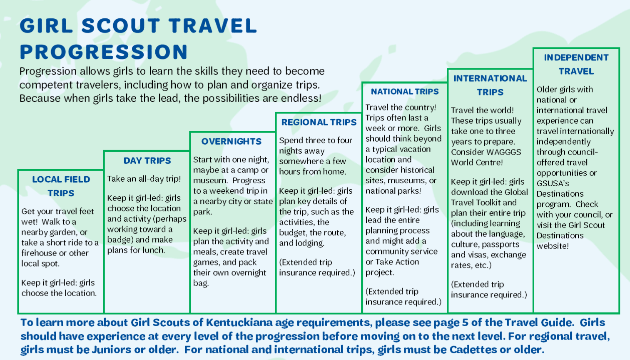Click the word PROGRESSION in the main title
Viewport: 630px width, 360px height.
pos(104,52)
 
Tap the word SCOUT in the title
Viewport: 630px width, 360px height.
pos(121,25)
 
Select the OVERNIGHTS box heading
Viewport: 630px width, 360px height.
pos(232,141)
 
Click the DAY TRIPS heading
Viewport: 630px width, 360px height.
pos(147,160)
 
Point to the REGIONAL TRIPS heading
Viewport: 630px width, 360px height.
pos(319,122)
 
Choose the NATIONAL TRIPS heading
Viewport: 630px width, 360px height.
pos(405,92)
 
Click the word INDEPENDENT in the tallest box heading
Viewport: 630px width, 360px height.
pos(576,57)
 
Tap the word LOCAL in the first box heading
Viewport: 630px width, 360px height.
pos(46,179)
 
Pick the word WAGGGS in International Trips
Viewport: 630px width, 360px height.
pos(504,152)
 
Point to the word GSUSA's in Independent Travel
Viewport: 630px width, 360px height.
pos(553,183)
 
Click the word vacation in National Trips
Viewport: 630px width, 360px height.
pos(416,149)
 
